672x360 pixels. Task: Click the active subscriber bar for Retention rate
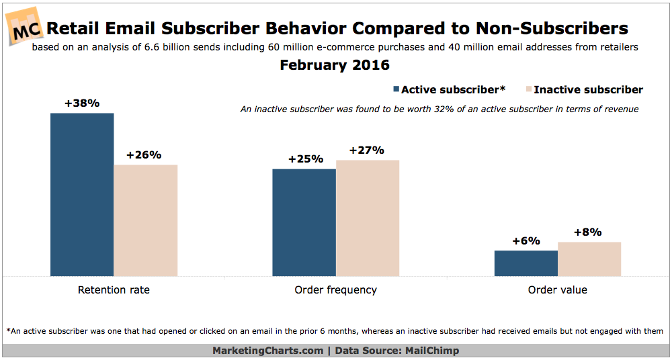point(82,194)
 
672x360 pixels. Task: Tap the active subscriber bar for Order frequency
point(304,222)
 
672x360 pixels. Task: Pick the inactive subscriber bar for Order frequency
point(368,218)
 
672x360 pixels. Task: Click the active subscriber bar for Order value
point(526,263)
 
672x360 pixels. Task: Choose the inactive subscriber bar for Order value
point(589,259)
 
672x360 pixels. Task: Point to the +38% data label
point(82,103)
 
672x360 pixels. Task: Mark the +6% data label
point(526,240)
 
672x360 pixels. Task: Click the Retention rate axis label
point(114,290)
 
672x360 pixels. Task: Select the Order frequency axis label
point(335,290)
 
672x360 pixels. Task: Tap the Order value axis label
point(557,290)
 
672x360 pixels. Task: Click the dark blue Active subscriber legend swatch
point(396,89)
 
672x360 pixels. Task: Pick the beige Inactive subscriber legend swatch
point(528,89)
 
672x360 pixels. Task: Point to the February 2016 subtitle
point(335,66)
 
